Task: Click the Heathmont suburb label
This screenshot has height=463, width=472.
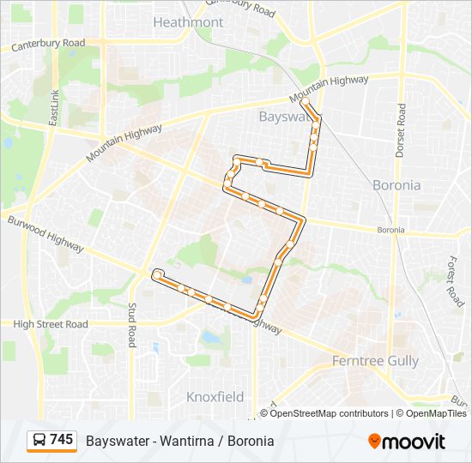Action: point(187,22)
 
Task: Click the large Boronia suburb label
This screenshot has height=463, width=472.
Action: point(396,185)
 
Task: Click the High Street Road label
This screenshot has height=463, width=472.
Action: point(51,324)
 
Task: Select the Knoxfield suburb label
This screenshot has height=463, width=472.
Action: point(215,397)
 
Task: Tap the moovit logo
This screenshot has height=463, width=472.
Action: point(407,442)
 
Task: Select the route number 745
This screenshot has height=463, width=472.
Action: point(62,440)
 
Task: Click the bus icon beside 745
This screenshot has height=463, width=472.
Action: point(39,441)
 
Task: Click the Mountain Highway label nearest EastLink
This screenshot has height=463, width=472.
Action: point(124,145)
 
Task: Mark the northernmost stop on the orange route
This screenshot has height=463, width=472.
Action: point(305,101)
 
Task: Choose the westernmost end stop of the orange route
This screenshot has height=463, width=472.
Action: point(156,274)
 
